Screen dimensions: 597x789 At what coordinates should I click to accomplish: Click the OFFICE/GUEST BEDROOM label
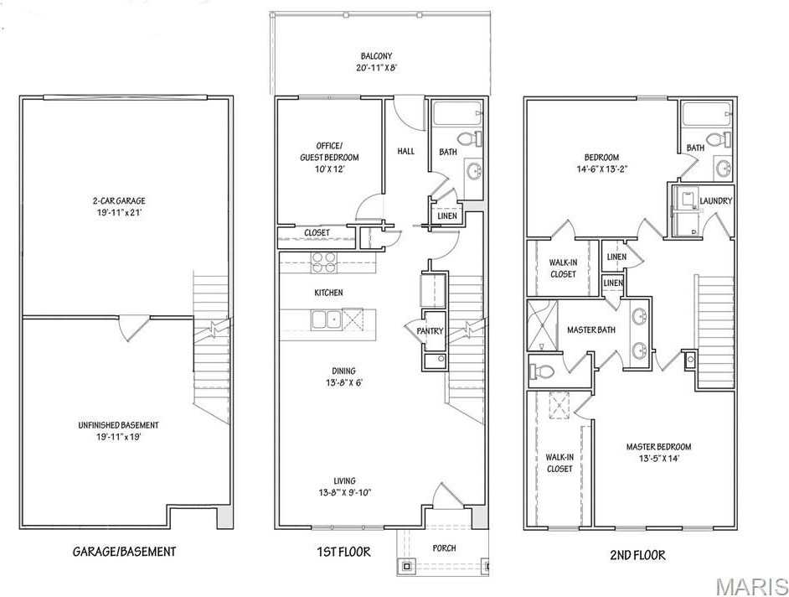click(330, 157)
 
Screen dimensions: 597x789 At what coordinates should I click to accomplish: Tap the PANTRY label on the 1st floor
click(430, 331)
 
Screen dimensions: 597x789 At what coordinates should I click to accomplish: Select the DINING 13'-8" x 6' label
click(343, 376)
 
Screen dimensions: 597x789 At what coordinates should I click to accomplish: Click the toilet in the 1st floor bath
click(467, 138)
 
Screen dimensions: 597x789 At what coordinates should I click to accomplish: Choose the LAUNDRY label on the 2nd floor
click(716, 201)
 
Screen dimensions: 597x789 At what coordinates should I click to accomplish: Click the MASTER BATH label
click(591, 330)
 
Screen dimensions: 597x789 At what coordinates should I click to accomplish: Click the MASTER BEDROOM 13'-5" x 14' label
click(658, 453)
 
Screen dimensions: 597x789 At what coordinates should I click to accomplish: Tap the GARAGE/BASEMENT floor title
click(124, 552)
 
